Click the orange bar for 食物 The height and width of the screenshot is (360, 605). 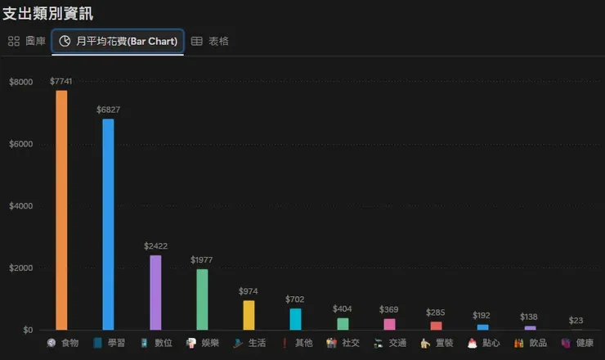(x=61, y=210)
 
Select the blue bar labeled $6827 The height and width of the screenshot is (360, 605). (x=108, y=224)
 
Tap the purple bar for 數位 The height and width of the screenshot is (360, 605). (x=155, y=292)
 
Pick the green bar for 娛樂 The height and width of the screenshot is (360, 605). (x=202, y=299)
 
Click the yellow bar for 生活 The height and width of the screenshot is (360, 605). (x=249, y=315)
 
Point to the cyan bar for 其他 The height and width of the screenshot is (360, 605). (x=295, y=319)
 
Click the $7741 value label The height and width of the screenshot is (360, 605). (x=61, y=81)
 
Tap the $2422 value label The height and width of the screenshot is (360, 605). (x=155, y=245)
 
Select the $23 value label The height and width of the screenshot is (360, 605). (x=576, y=321)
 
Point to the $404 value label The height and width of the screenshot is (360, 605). (x=343, y=308)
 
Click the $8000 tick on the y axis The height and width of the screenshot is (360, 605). (x=21, y=82)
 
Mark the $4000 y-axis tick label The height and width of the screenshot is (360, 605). (x=21, y=206)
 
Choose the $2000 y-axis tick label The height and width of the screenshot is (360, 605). (x=21, y=268)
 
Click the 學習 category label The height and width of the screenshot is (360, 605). (x=116, y=343)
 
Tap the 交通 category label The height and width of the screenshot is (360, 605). (x=397, y=343)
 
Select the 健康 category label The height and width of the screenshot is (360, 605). (x=585, y=343)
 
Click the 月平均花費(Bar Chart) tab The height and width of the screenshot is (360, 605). (x=118, y=41)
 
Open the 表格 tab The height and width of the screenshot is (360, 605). (x=210, y=41)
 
